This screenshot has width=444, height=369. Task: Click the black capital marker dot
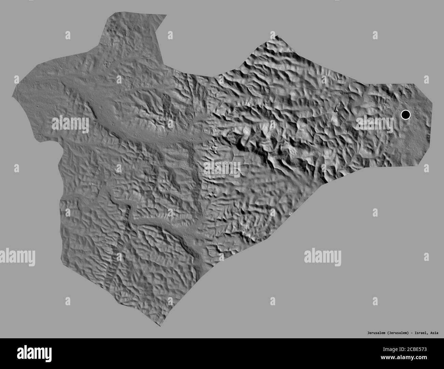pos(405,115)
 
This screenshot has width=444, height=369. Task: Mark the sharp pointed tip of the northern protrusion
pos(166,15)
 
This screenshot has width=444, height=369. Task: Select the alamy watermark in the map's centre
pos(222,167)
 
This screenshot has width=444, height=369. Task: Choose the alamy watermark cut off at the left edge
pos(17,255)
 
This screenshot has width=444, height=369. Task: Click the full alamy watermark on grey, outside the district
pos(322,255)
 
